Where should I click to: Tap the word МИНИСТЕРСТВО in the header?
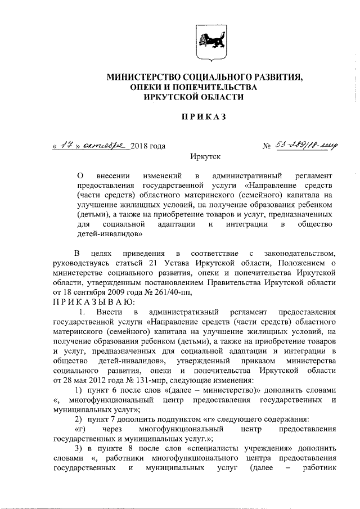(x=146, y=76)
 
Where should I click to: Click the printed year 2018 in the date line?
(x=141, y=146)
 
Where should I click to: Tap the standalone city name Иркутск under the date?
(x=205, y=159)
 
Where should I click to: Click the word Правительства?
(x=245, y=282)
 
